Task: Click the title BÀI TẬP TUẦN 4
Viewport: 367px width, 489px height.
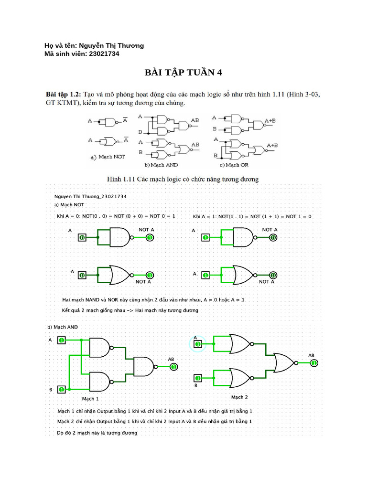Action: pos(183,73)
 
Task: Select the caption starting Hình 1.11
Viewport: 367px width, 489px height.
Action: pos(183,179)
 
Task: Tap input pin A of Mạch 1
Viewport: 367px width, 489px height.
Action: pos(62,340)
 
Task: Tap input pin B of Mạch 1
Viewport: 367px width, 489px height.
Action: pos(62,390)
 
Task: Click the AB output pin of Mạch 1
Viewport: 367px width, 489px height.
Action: pos(174,367)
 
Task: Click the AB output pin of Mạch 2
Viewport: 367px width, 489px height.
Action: pos(314,363)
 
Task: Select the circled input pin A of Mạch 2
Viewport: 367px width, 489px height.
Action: pos(197,343)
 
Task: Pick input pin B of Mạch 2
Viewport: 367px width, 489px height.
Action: pos(197,377)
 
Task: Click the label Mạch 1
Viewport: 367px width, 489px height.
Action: pos(91,398)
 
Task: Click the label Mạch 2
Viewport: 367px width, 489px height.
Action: pos(239,397)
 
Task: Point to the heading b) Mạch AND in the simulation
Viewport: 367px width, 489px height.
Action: pos(62,327)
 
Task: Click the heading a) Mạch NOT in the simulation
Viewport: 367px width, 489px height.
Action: pos(69,204)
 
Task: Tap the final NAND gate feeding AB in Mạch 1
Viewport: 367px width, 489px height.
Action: pos(143,367)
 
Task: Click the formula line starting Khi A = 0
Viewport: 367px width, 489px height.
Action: pos(116,216)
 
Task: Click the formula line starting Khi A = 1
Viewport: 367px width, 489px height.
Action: pos(252,216)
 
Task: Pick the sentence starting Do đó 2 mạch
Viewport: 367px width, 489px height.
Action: pos(97,433)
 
